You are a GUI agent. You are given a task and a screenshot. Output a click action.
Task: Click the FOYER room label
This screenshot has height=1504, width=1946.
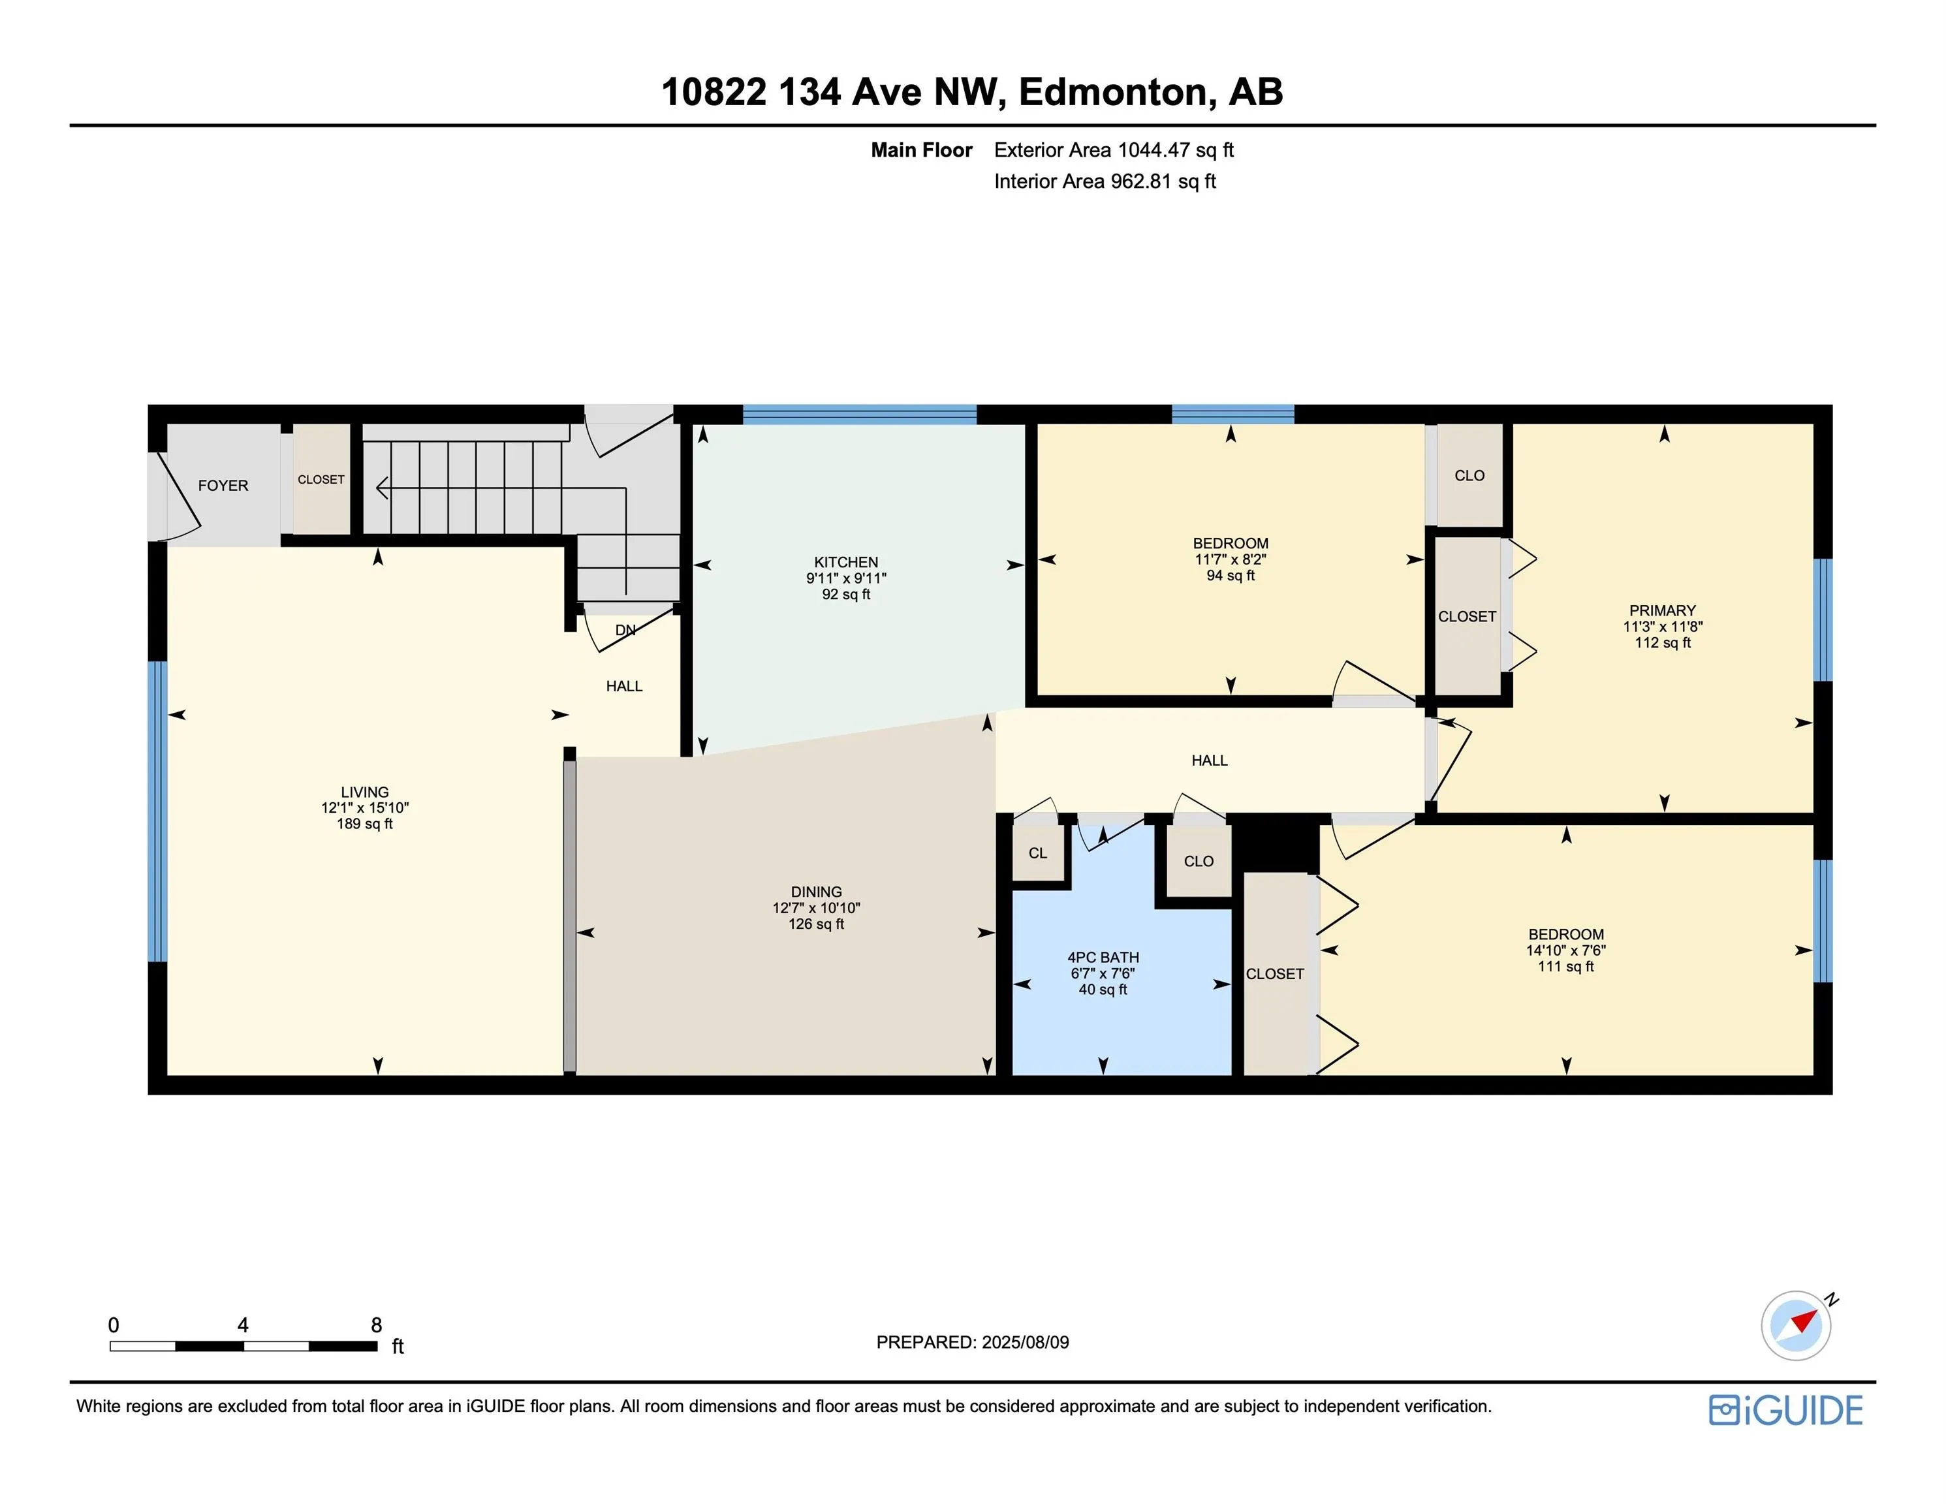223,486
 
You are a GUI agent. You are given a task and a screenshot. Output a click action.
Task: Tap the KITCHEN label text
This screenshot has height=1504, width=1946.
845,562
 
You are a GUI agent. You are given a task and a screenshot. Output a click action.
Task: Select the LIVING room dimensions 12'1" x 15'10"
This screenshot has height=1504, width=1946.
364,808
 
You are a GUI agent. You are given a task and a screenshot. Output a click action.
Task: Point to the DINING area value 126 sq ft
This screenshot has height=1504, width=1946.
815,924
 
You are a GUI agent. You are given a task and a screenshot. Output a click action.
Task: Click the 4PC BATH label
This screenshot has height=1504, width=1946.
1103,958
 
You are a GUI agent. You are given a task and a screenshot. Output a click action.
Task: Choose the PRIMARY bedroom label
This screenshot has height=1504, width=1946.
1662,610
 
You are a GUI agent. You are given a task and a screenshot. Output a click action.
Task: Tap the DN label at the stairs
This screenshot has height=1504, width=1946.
625,630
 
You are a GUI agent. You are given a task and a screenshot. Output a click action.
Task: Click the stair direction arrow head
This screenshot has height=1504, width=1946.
383,488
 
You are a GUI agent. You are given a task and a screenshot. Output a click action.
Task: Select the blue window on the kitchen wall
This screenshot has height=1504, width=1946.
859,413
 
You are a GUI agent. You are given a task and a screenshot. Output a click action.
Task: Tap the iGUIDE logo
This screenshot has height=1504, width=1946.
1785,1411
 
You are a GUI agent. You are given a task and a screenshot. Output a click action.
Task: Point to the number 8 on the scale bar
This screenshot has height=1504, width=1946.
376,1325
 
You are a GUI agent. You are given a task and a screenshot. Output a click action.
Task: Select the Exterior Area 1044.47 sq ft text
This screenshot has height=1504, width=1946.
1114,149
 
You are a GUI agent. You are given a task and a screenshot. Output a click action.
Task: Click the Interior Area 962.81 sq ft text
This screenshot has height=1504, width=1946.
1105,181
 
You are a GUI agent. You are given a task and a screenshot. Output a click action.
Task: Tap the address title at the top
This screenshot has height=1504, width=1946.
972,92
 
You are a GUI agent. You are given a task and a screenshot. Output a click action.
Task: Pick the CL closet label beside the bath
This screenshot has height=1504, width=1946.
1038,853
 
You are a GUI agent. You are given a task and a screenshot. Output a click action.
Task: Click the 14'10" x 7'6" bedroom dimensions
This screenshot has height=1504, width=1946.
1565,950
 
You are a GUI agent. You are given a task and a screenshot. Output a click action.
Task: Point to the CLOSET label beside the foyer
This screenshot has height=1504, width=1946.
321,479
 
